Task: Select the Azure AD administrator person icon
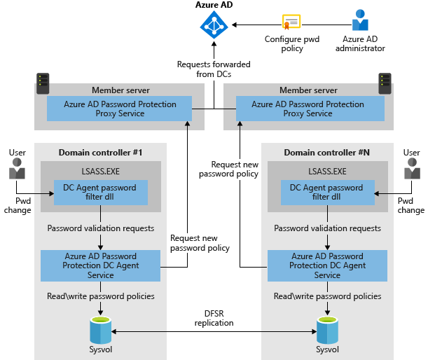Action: click(x=360, y=21)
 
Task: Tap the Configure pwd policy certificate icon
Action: click(x=291, y=22)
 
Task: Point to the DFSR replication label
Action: click(x=214, y=319)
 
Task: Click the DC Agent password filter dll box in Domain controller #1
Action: click(x=101, y=193)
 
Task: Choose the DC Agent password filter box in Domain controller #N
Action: click(x=326, y=193)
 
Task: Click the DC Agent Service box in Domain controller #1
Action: click(x=101, y=265)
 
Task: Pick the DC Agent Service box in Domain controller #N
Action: click(x=327, y=265)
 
